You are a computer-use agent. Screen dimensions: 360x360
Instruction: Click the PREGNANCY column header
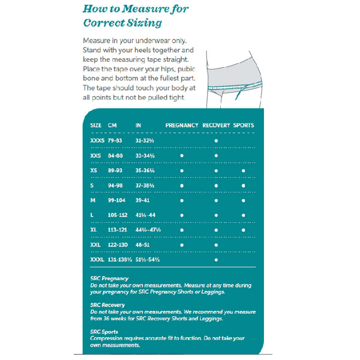(182, 125)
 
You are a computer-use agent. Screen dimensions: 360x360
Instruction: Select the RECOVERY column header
(216, 125)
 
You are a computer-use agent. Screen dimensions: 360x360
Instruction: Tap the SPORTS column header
(244, 125)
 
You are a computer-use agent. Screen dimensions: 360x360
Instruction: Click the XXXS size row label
(97, 140)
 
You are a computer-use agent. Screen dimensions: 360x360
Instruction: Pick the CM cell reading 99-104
(117, 200)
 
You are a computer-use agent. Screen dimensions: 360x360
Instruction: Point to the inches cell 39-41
(145, 200)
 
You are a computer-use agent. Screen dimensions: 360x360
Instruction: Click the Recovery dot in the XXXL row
(216, 260)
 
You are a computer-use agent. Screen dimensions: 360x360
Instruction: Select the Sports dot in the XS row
(244, 170)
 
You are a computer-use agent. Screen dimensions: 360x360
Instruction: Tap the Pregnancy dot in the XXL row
(182, 245)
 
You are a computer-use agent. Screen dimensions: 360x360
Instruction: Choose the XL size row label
(94, 230)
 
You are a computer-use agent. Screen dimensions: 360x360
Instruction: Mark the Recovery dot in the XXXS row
(216, 140)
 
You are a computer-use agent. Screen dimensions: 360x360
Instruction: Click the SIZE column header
(96, 125)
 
